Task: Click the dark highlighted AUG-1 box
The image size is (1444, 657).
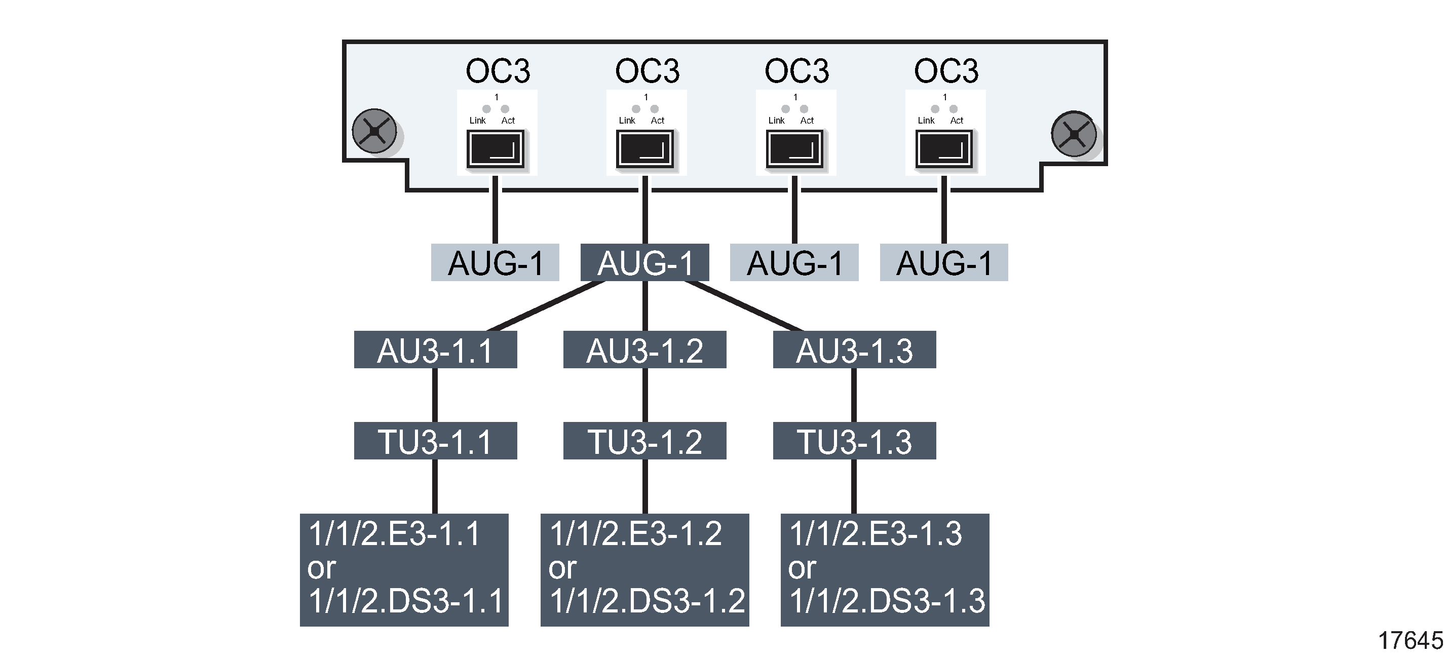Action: (644, 262)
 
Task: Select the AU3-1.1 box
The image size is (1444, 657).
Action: (435, 350)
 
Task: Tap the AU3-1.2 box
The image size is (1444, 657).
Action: (644, 350)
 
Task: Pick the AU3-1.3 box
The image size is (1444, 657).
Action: (854, 350)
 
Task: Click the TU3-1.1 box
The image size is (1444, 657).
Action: (435, 441)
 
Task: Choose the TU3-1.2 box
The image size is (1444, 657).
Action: (644, 441)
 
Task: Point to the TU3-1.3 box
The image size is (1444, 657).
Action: (854, 441)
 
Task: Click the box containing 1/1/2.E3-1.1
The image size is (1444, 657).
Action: (404, 569)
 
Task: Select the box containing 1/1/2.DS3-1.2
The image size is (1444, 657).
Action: (644, 569)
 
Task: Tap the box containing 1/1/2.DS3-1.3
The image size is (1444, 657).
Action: (885, 569)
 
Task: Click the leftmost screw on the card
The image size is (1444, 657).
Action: (374, 131)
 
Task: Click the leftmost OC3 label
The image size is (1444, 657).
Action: (498, 71)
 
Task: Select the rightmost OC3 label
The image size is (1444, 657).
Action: (946, 71)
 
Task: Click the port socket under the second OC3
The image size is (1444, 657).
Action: (644, 149)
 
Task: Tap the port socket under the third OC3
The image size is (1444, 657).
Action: (794, 149)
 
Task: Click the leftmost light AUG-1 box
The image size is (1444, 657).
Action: (495, 262)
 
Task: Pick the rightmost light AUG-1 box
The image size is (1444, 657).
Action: (944, 262)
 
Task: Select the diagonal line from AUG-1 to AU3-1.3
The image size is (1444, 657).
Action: (744, 306)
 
